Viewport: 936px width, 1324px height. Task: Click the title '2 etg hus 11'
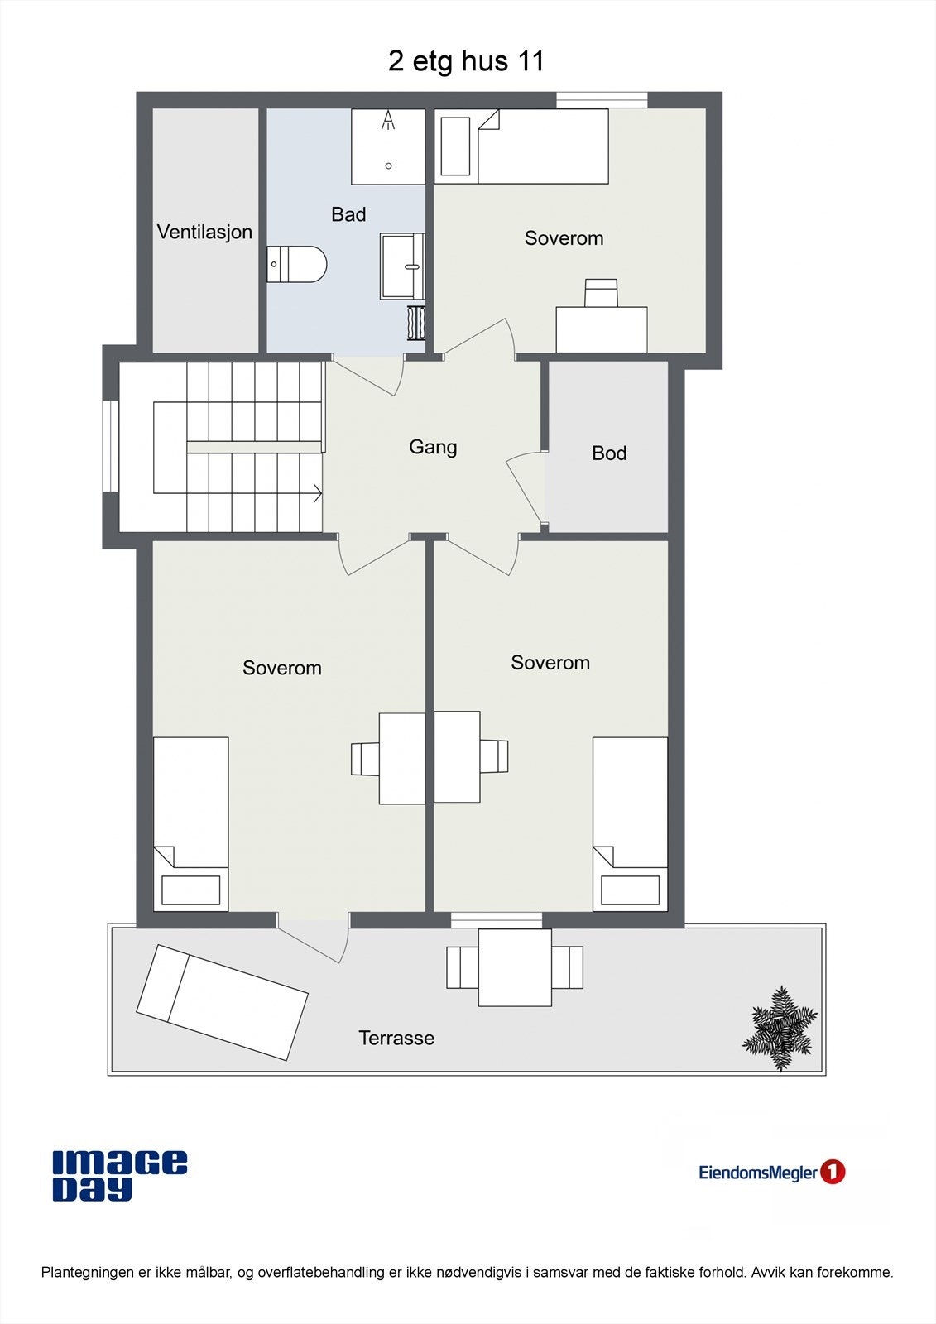(466, 61)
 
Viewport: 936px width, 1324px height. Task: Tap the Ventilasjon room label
(204, 232)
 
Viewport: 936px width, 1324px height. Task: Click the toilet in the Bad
(297, 264)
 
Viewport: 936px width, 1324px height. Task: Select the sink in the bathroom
(402, 266)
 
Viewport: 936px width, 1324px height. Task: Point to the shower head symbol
(388, 123)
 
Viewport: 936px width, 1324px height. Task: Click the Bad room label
(348, 214)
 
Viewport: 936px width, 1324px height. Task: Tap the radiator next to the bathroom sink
(416, 323)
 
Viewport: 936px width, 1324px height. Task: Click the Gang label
(432, 447)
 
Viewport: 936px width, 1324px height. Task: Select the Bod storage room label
(608, 453)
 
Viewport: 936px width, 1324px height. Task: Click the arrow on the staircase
(316, 494)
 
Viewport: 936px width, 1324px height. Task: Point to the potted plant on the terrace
(780, 1029)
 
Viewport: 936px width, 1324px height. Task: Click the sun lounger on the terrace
(222, 1002)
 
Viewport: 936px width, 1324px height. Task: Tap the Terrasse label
(396, 1038)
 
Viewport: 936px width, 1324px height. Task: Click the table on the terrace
(515, 967)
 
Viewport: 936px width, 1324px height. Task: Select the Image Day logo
(119, 1175)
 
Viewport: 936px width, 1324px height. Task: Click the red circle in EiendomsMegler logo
(833, 1172)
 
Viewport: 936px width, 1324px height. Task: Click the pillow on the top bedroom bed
(455, 146)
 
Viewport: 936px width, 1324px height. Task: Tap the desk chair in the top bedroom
(601, 293)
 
